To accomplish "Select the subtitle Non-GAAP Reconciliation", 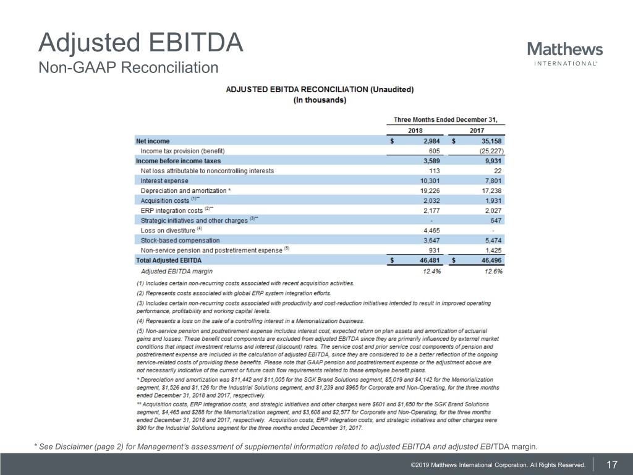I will click(129, 67).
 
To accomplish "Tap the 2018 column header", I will click(415, 131).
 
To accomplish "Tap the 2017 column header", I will click(476, 131).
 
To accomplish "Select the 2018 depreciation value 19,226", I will click(427, 190).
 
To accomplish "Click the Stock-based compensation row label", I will click(180, 240).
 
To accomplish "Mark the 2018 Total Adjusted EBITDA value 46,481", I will click(427, 260).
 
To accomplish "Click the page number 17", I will click(613, 464).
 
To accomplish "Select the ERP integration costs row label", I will click(172, 210).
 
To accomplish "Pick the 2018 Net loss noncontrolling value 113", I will click(432, 171).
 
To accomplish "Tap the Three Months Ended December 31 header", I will click(445, 119).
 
